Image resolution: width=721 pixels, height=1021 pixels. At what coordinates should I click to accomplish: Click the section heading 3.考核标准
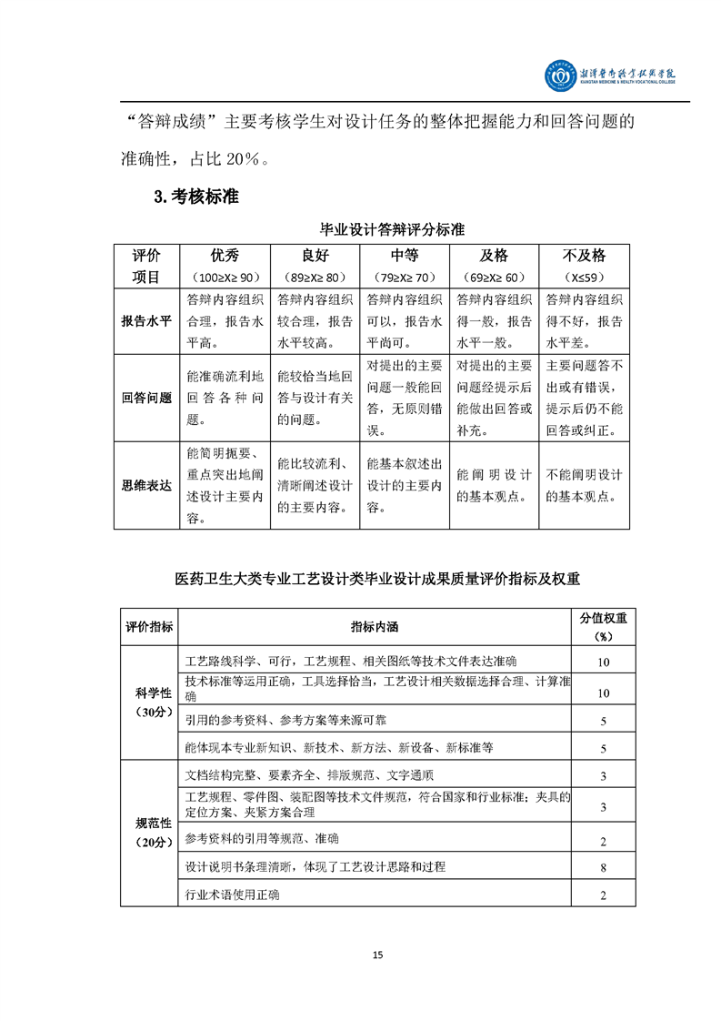[x=195, y=197]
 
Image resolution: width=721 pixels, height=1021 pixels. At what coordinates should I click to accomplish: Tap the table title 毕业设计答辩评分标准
[x=392, y=229]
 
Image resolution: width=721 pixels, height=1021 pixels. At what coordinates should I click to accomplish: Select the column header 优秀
[x=225, y=256]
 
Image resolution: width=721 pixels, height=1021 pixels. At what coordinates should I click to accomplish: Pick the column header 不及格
[x=585, y=256]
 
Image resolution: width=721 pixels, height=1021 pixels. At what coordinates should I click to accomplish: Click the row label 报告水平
[x=146, y=321]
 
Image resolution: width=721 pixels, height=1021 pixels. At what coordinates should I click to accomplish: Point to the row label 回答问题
[x=146, y=398]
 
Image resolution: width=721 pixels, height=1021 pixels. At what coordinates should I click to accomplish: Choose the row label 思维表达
[x=146, y=485]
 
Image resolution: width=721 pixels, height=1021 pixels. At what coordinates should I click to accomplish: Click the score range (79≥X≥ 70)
[x=405, y=278]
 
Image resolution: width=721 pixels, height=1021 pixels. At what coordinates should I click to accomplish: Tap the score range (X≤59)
[x=585, y=278]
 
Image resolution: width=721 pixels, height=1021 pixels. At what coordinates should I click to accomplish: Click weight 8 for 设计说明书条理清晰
[x=603, y=868]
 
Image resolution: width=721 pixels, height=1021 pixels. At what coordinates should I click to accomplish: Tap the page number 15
[x=378, y=955]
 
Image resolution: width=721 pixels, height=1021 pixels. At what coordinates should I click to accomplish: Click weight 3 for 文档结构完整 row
[x=603, y=776]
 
